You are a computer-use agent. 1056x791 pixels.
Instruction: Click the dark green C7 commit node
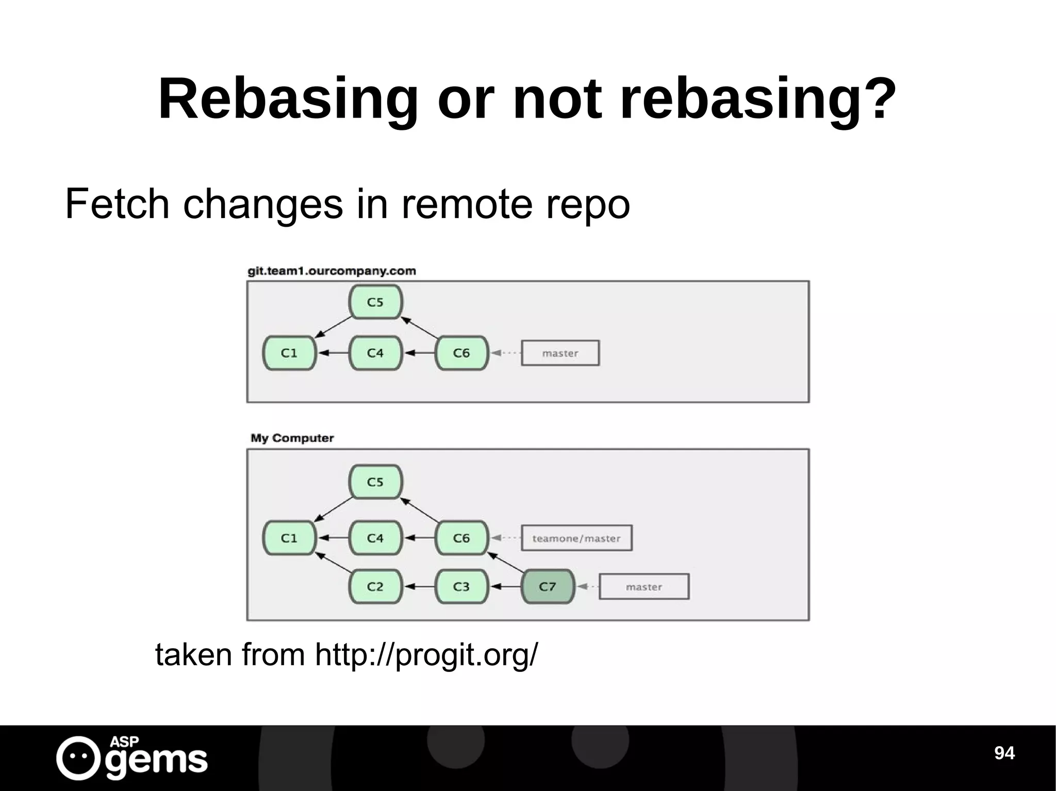[x=548, y=586]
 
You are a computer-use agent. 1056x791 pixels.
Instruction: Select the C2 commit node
[x=375, y=586]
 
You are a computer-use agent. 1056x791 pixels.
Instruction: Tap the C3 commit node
[x=461, y=586]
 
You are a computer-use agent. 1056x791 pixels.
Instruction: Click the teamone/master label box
[x=576, y=538]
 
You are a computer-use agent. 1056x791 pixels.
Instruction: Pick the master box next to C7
[x=644, y=586]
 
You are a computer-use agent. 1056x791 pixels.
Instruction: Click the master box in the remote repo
[x=560, y=353]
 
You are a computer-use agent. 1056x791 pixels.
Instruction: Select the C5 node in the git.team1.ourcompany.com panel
[x=375, y=302]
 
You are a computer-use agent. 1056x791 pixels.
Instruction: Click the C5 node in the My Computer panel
[x=375, y=482]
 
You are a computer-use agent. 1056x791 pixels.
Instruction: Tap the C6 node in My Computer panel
[x=461, y=538]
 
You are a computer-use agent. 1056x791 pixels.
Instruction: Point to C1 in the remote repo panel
[x=289, y=353]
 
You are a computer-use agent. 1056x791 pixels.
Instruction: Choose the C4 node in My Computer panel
[x=375, y=538]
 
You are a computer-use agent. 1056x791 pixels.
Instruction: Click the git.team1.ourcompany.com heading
[x=332, y=271]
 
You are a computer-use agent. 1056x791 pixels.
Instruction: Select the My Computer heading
[x=292, y=438]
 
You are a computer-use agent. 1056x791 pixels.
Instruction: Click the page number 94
[x=1004, y=753]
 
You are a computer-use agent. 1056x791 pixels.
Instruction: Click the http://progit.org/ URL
[x=426, y=654]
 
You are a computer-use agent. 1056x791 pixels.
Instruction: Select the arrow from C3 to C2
[x=418, y=586]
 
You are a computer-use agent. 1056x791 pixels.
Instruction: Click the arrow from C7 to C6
[x=505, y=562]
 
